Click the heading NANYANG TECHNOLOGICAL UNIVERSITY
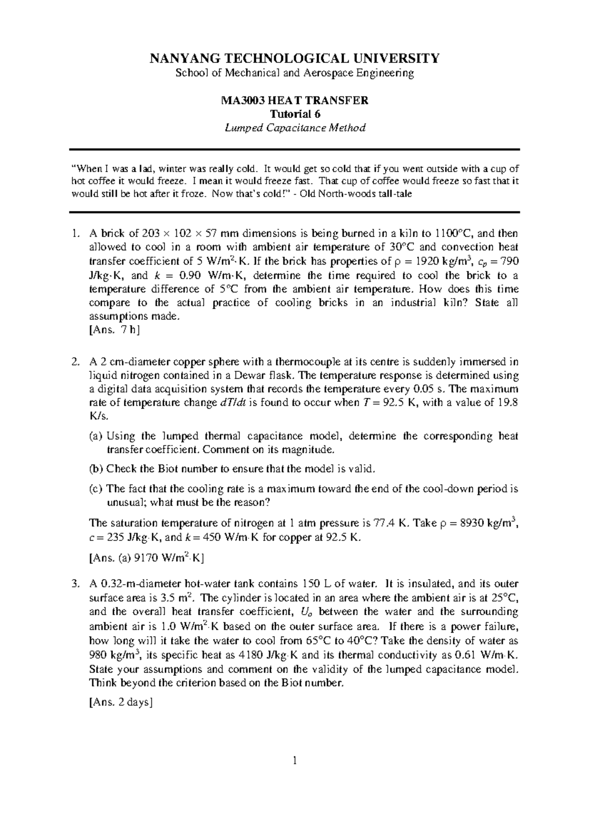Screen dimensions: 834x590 pyautogui.click(x=295, y=59)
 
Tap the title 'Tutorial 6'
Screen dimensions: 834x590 pyautogui.click(x=295, y=114)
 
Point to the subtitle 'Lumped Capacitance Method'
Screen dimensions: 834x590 pyautogui.click(x=295, y=128)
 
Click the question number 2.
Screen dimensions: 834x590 pyautogui.click(x=74, y=362)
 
